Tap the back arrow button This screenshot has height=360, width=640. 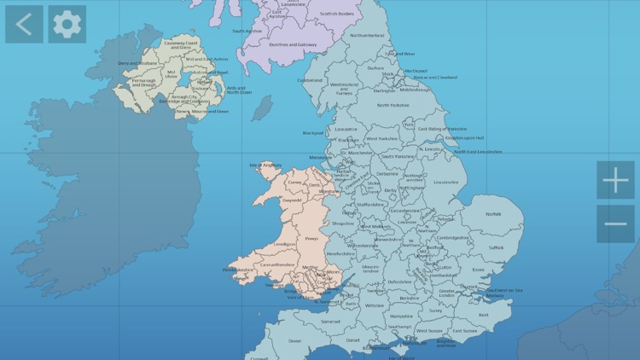[x=24, y=24]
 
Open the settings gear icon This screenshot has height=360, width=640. [x=67, y=24]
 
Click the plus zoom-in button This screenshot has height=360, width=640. [x=615, y=180]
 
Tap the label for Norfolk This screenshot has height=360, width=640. [x=494, y=214]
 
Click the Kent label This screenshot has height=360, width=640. [x=484, y=315]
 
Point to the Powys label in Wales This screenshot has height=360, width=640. [x=311, y=240]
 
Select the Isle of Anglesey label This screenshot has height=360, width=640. [x=265, y=165]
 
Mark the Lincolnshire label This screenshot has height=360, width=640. [x=445, y=182]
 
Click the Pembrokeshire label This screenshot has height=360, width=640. [x=238, y=270]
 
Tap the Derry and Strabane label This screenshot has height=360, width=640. [x=137, y=62]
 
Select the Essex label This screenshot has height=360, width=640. [x=478, y=270]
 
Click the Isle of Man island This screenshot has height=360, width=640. [x=262, y=108]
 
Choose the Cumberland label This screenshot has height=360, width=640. [x=310, y=80]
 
